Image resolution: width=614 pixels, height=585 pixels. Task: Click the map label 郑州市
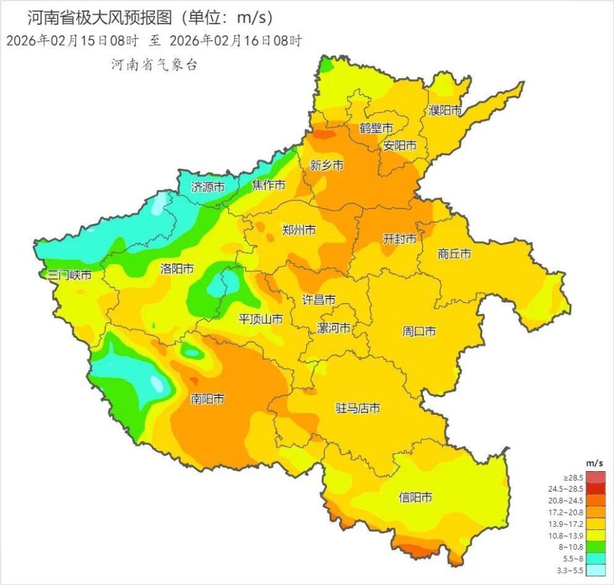pos(299,230)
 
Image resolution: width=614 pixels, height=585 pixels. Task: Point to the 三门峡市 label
pos(70,276)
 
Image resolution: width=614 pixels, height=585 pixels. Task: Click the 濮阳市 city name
pos(445,110)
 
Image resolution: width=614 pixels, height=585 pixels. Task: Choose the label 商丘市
pos(454,254)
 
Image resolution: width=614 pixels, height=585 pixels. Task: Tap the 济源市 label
pos(208,187)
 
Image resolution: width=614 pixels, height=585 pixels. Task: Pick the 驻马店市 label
pos(358,408)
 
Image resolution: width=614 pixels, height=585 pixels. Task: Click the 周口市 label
pos(419,331)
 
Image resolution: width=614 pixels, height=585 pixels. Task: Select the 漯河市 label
pos(334,329)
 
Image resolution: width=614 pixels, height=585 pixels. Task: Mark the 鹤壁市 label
pos(376,127)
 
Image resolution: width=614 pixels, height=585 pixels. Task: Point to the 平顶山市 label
pos(261,319)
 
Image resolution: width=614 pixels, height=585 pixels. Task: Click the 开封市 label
pos(400,238)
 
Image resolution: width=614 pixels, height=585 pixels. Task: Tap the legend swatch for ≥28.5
pos(596,478)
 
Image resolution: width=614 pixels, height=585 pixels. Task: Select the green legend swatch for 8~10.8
pos(596,547)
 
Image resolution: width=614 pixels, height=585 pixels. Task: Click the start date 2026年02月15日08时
pos(72,40)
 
